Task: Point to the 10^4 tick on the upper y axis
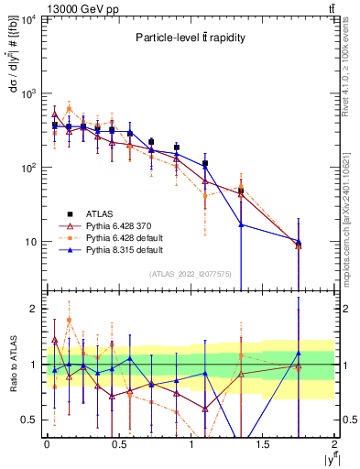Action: (29, 20)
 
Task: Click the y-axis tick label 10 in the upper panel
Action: (31, 242)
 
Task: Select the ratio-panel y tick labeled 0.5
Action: (29, 420)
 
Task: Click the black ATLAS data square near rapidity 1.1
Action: (205, 164)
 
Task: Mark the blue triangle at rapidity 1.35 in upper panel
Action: (241, 224)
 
